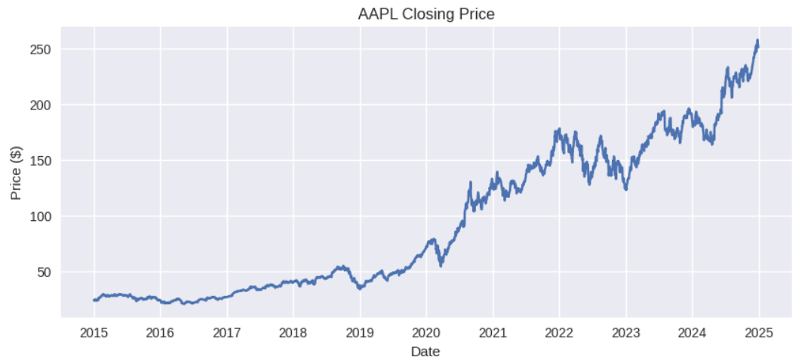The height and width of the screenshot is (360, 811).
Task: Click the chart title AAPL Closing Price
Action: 425,14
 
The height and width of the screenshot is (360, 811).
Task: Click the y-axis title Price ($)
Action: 16,174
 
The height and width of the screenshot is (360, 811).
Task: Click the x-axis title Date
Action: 425,351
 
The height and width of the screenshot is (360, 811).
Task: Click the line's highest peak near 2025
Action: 757,41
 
